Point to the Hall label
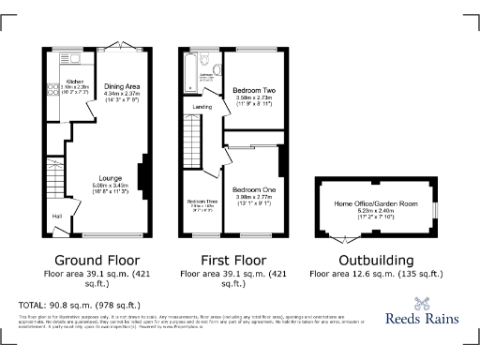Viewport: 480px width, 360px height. point(58,217)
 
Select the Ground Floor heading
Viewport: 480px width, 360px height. point(97,260)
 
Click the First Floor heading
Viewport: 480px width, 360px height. point(232,260)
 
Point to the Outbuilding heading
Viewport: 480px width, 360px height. point(361,260)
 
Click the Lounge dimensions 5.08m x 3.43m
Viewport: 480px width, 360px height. point(110,187)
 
